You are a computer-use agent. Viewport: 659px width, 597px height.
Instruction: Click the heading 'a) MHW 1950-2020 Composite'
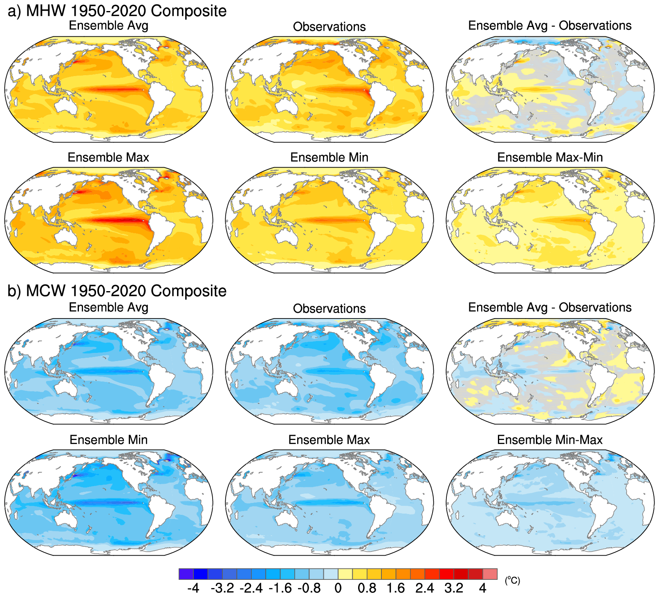click(117, 11)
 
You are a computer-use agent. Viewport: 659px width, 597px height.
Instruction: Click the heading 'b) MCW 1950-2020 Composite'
click(117, 291)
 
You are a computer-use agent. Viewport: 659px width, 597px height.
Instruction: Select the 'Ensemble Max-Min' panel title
click(550, 157)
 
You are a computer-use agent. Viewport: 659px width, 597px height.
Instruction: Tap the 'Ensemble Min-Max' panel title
click(550, 440)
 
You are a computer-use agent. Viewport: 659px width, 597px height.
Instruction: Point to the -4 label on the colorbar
click(193, 588)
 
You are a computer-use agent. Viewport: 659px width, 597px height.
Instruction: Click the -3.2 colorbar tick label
click(222, 588)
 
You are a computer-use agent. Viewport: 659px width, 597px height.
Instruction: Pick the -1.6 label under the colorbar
click(280, 588)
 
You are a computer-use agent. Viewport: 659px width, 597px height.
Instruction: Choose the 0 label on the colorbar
click(338, 588)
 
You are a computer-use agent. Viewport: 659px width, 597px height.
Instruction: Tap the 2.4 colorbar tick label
click(425, 588)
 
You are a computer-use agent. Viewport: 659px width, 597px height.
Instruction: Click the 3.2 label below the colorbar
click(454, 588)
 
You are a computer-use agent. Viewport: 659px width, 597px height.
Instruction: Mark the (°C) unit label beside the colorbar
click(512, 580)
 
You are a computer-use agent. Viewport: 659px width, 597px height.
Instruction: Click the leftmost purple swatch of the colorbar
click(186, 574)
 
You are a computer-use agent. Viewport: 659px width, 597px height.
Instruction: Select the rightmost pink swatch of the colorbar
click(490, 574)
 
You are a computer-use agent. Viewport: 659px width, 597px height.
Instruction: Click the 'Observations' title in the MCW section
click(329, 309)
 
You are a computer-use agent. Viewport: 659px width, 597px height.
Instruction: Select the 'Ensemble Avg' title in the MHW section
click(108, 25)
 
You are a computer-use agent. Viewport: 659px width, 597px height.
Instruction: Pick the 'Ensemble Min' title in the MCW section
click(108, 440)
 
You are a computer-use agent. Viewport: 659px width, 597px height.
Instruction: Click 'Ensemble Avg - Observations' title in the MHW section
click(550, 25)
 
